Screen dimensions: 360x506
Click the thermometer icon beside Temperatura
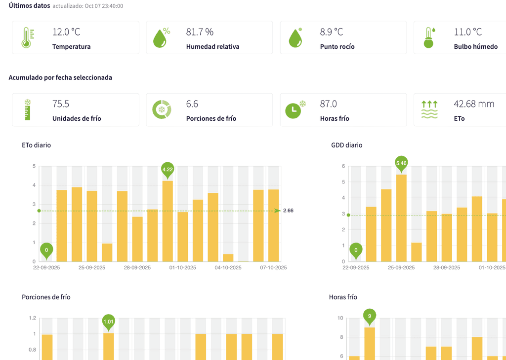[28, 37]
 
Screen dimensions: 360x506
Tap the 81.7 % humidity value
[200, 32]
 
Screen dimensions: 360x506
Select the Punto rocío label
[337, 47]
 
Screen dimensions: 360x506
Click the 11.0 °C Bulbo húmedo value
[467, 32]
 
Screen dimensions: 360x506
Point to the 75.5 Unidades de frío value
[61, 104]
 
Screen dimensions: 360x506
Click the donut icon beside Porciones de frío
[162, 109]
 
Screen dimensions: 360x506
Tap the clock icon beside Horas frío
[295, 109]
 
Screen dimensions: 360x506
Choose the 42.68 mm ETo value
[474, 104]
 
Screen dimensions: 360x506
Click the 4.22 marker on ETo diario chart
[168, 169]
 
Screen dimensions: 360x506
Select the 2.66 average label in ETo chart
[288, 211]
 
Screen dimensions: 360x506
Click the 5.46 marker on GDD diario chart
[401, 163]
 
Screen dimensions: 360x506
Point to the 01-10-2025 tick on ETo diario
[183, 268]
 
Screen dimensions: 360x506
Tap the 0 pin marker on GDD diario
[356, 250]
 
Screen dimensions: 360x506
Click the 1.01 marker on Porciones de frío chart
[108, 322]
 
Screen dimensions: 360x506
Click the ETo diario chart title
[37, 145]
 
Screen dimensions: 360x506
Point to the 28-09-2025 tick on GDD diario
[447, 268]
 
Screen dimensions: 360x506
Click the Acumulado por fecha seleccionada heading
[60, 77]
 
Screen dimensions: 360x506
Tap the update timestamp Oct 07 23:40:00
[104, 6]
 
